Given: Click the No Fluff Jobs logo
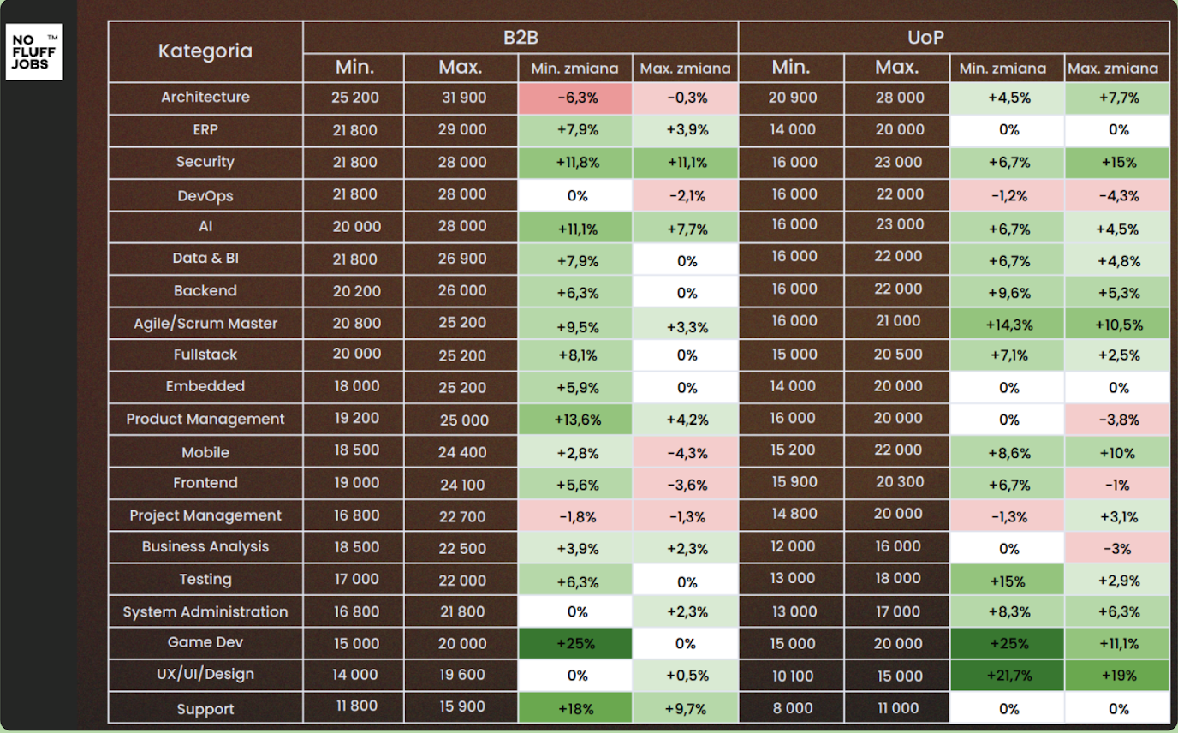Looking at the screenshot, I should pos(34,52).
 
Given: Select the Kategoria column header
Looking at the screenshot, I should pos(205,51).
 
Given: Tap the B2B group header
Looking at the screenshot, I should pos(521,38).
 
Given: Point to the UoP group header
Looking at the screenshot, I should pos(954,38).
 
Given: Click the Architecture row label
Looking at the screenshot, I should pos(205,98).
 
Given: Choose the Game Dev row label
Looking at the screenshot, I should pos(205,642).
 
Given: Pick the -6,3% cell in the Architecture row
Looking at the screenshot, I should pos(577,98).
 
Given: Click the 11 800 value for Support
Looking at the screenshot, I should pos(355,707).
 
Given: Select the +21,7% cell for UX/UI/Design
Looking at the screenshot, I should pos(1008,676).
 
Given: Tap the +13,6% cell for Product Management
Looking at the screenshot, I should pos(577,420).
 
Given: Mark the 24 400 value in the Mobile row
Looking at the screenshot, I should pos(462,452).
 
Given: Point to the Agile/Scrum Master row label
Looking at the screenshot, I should pos(205,324).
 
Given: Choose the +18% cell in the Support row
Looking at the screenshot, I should pos(577,708).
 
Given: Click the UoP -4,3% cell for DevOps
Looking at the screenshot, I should pos(1117,195).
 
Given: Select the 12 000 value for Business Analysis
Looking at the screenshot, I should pos(794,546).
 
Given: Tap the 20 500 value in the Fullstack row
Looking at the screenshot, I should pos(899,355).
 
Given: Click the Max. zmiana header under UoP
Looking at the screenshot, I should pos(1117,69).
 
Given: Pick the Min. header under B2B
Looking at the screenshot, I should pos(355,67).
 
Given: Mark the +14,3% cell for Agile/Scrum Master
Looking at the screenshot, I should pos(1008,325).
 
